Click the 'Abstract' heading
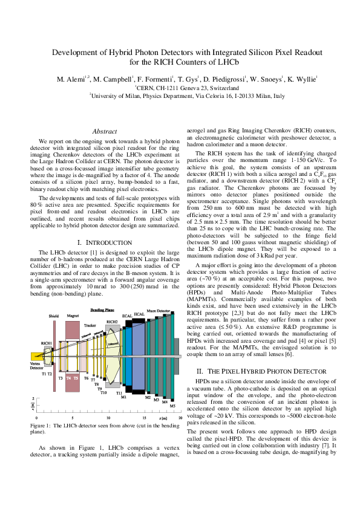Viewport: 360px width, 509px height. coord(104,131)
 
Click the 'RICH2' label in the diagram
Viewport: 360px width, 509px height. coord(112,322)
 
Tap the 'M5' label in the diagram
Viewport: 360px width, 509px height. coord(172,406)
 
